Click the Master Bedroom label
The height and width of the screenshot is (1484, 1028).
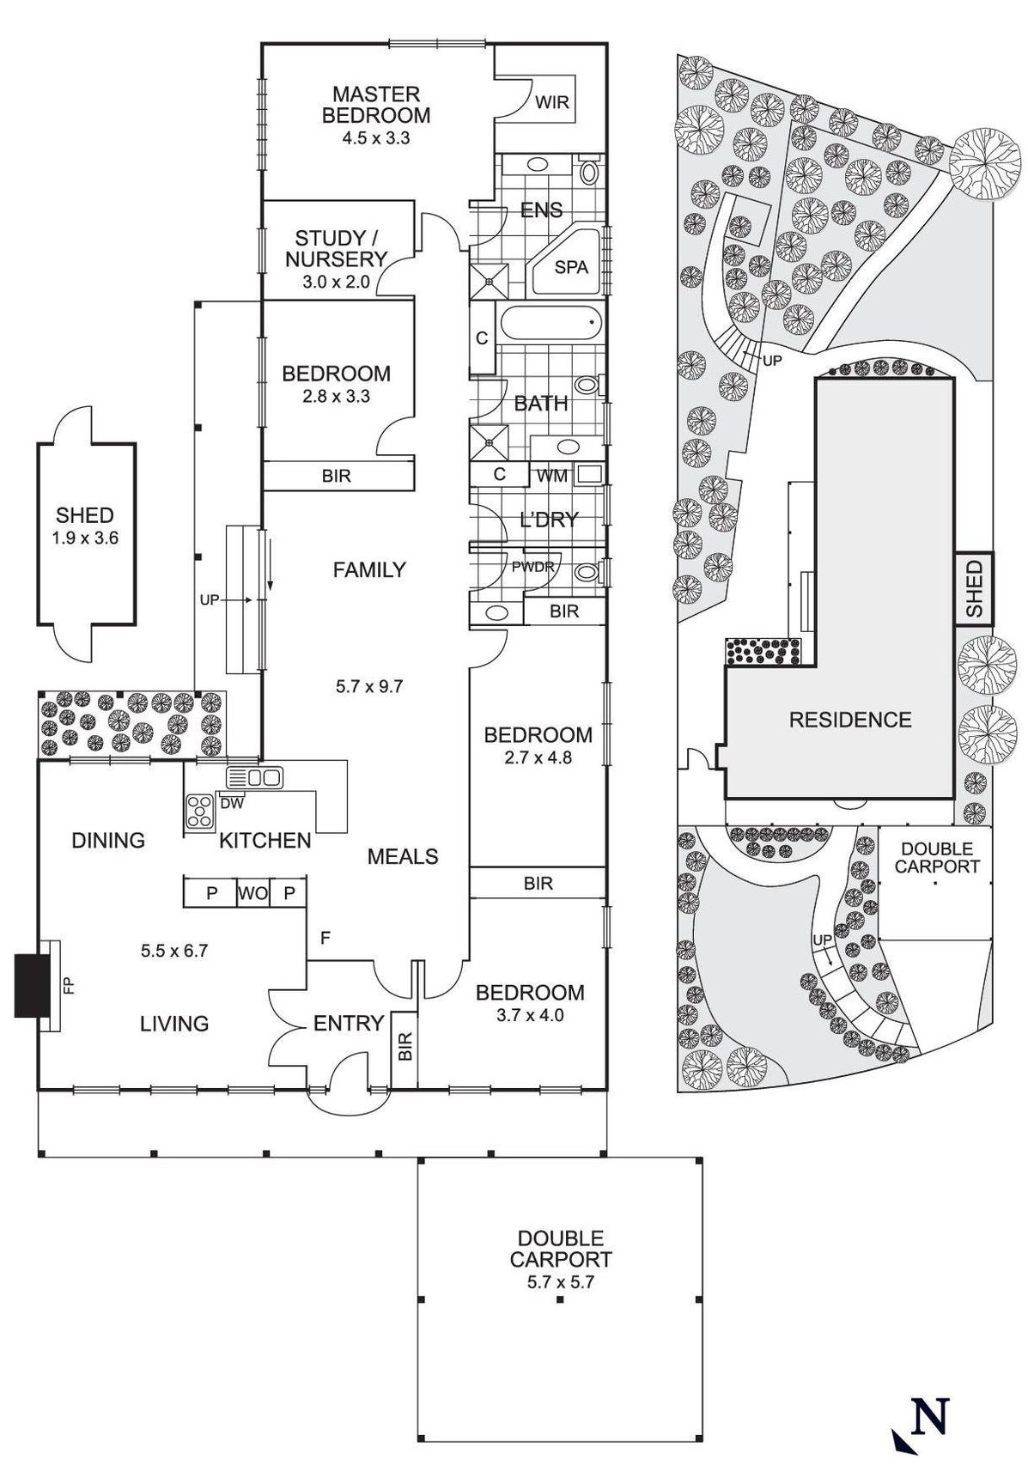[375, 104]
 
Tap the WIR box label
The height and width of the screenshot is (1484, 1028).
[551, 102]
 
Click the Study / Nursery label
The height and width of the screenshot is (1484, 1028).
[336, 248]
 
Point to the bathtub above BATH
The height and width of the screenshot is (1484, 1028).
[550, 326]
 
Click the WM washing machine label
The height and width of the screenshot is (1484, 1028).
[552, 475]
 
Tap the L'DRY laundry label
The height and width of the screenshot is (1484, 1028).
[550, 520]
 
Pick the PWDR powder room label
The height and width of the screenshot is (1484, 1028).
[533, 567]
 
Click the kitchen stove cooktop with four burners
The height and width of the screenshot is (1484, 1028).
[200, 812]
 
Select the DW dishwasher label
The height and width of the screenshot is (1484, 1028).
[232, 804]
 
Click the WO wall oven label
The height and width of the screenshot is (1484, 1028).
[252, 893]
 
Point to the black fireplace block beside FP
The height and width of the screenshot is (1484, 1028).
[31, 984]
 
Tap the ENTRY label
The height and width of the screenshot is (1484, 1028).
[348, 1023]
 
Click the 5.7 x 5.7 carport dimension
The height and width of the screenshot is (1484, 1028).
[560, 1282]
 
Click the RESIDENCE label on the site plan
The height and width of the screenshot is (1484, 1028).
[849, 720]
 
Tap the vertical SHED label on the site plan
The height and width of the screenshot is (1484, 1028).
[974, 588]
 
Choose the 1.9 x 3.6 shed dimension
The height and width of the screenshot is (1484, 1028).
[84, 538]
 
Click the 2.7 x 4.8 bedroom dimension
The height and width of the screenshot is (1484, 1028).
[538, 757]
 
